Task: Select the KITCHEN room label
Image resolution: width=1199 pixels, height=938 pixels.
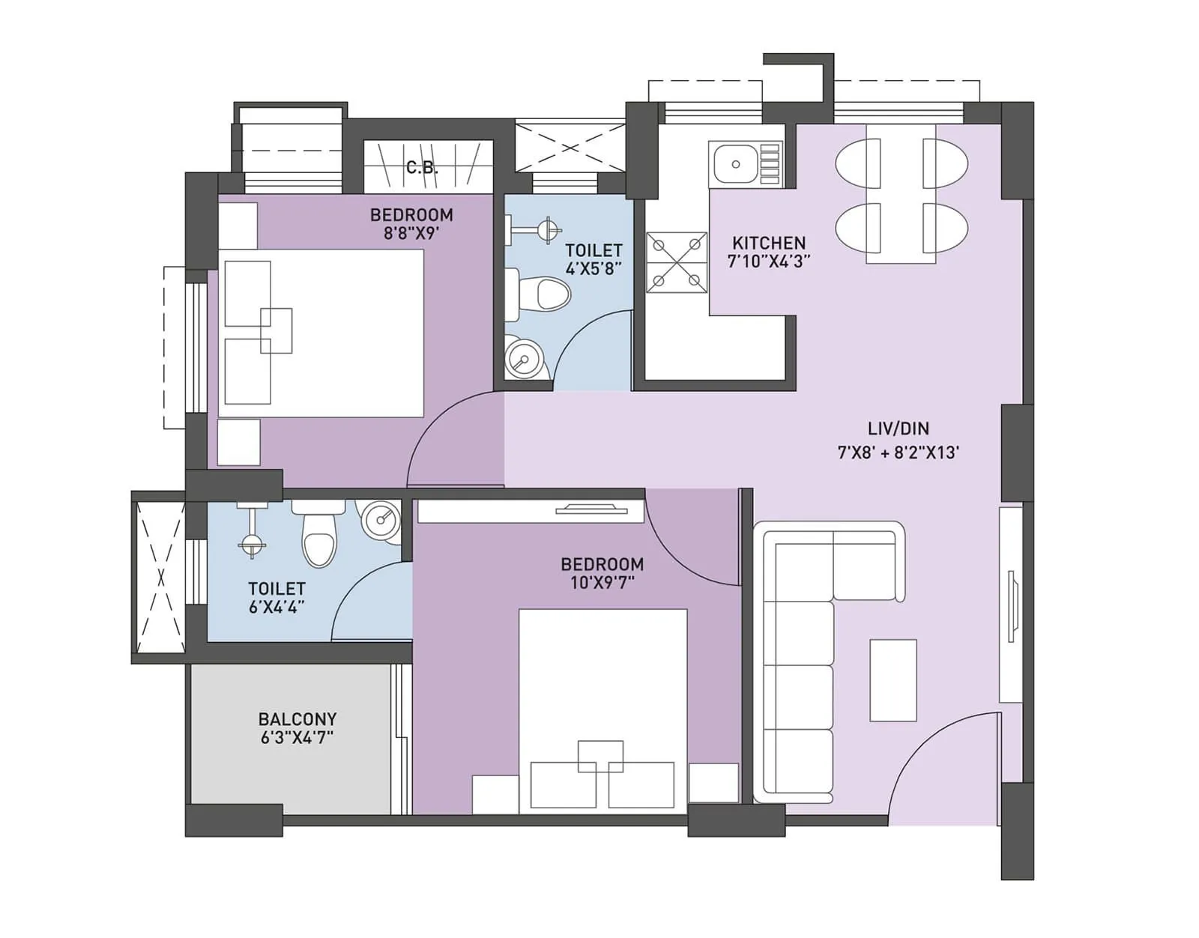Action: coord(769,243)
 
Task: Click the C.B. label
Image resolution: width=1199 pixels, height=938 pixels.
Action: coord(422,168)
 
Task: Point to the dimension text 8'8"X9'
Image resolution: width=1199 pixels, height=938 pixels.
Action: coord(411,233)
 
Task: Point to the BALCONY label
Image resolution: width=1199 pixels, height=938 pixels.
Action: coord(298,718)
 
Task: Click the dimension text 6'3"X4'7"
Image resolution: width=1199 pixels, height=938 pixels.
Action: coord(297,737)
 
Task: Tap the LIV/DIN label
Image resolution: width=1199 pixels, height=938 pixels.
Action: coord(898,429)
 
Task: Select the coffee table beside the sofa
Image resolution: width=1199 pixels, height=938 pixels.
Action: coord(893,680)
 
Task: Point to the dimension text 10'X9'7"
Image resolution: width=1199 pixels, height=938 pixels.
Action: coord(602,582)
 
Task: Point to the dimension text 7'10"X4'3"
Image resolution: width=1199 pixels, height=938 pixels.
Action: coord(769,261)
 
